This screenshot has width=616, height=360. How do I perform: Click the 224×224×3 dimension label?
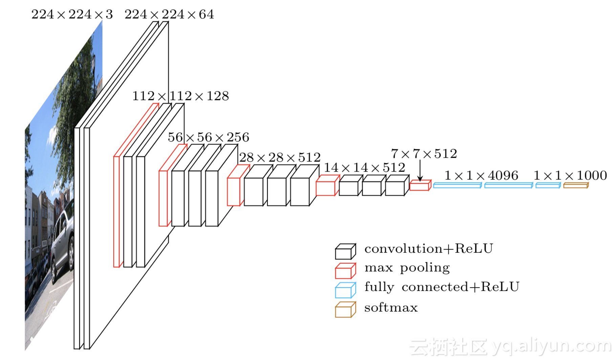72,14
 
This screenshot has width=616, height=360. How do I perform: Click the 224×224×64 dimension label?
169,14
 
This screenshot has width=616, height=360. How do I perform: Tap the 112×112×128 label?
180,96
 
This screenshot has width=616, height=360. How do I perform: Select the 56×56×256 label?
208,137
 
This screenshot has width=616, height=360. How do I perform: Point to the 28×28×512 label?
280,157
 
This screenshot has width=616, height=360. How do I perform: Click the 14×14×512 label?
364,167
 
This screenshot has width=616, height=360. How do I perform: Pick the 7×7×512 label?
424,154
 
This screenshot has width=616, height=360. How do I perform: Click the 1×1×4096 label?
481,175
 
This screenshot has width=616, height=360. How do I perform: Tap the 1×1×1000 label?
570,175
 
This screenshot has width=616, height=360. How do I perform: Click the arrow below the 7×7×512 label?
420,171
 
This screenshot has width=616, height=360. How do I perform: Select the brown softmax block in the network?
576,185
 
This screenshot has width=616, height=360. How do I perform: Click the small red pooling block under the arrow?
420,185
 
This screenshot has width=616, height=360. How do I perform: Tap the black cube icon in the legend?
345,251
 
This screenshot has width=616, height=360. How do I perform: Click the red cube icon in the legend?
345,271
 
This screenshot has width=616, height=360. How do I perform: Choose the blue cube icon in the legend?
345,290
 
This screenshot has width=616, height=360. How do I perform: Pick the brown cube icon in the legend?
345,310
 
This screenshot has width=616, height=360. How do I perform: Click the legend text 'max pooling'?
407,268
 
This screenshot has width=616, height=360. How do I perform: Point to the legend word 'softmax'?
391,308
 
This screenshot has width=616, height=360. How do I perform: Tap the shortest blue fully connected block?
548,185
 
